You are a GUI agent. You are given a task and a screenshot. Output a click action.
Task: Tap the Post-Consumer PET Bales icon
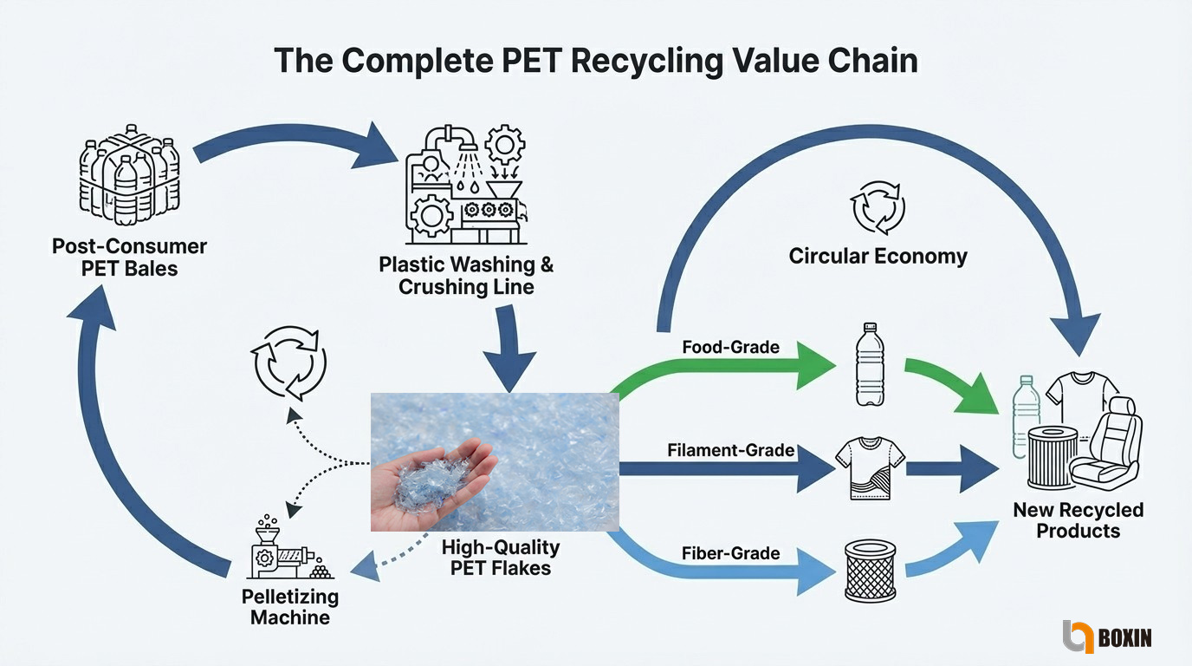pos(130,179)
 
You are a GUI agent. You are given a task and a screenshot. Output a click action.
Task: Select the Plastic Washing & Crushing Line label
pos(466,275)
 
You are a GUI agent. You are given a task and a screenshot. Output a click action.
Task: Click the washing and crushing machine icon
pos(463,183)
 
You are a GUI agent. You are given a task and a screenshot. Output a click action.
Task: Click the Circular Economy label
pos(878,257)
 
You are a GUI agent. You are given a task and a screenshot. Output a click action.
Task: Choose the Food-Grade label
pos(730,348)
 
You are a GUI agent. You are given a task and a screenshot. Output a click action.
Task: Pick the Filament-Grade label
pos(731,451)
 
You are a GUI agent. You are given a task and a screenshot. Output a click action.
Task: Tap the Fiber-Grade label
pos(730,553)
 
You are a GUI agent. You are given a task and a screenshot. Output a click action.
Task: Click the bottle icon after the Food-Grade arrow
pos(870,364)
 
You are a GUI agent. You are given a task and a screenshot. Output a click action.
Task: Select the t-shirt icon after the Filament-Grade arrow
pos(870,468)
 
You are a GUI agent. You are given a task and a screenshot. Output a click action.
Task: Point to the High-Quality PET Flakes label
pos(500,558)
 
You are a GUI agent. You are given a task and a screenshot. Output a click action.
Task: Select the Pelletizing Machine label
pos(290,607)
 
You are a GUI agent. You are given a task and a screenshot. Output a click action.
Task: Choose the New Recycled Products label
pos(1079,520)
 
